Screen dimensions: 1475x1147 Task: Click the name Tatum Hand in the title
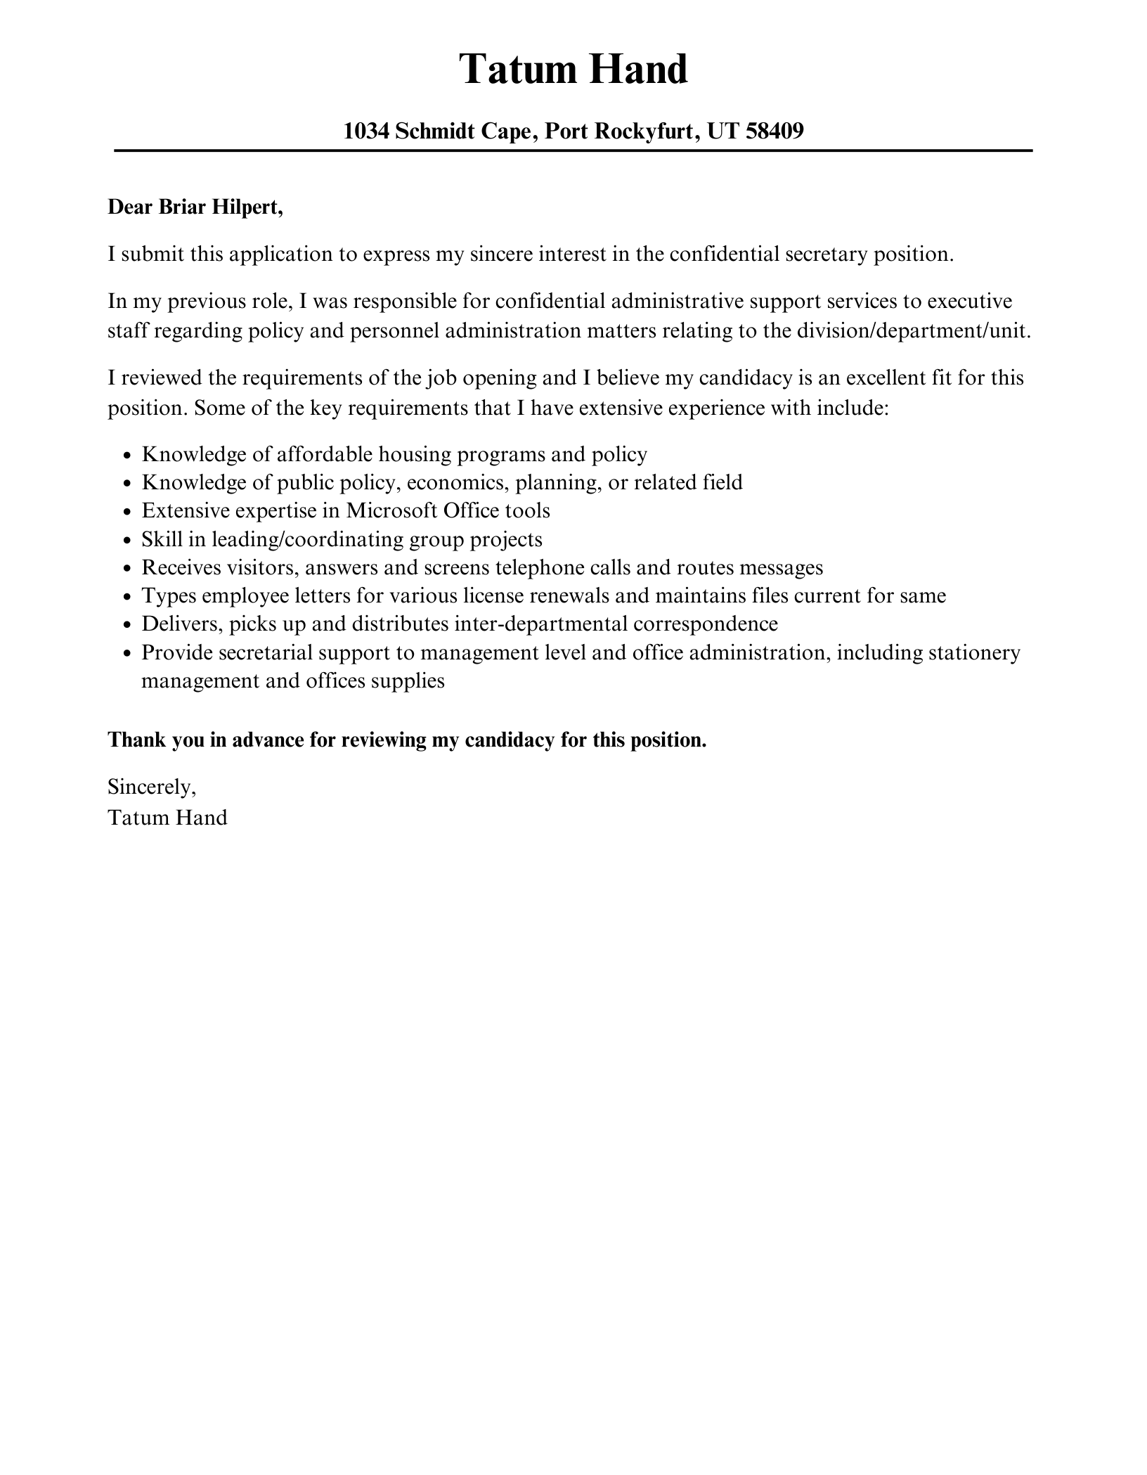[573, 70]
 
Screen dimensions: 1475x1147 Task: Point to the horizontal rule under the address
[573, 150]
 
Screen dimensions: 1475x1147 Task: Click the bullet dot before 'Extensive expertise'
[127, 513]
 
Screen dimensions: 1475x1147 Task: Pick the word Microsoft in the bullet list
[391, 510]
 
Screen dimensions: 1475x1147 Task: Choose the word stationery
[974, 652]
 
